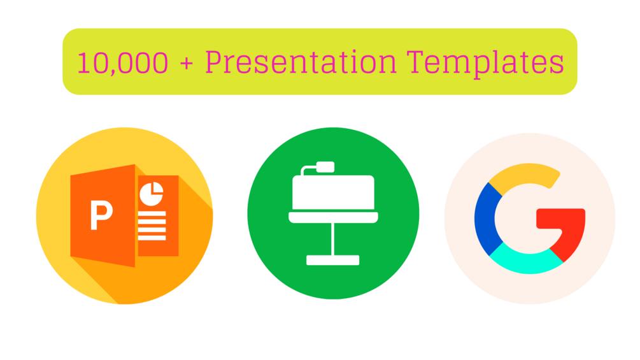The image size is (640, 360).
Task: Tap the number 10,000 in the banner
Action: point(122,63)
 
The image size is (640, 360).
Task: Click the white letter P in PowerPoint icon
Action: point(101,215)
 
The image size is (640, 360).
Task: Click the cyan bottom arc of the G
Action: point(526,261)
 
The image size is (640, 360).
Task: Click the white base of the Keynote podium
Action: point(332,260)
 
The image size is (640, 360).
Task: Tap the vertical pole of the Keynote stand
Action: point(332,239)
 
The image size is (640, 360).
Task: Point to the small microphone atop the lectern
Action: point(325,166)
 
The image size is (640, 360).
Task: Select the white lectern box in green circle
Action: point(332,191)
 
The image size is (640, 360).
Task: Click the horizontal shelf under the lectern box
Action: point(332,218)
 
